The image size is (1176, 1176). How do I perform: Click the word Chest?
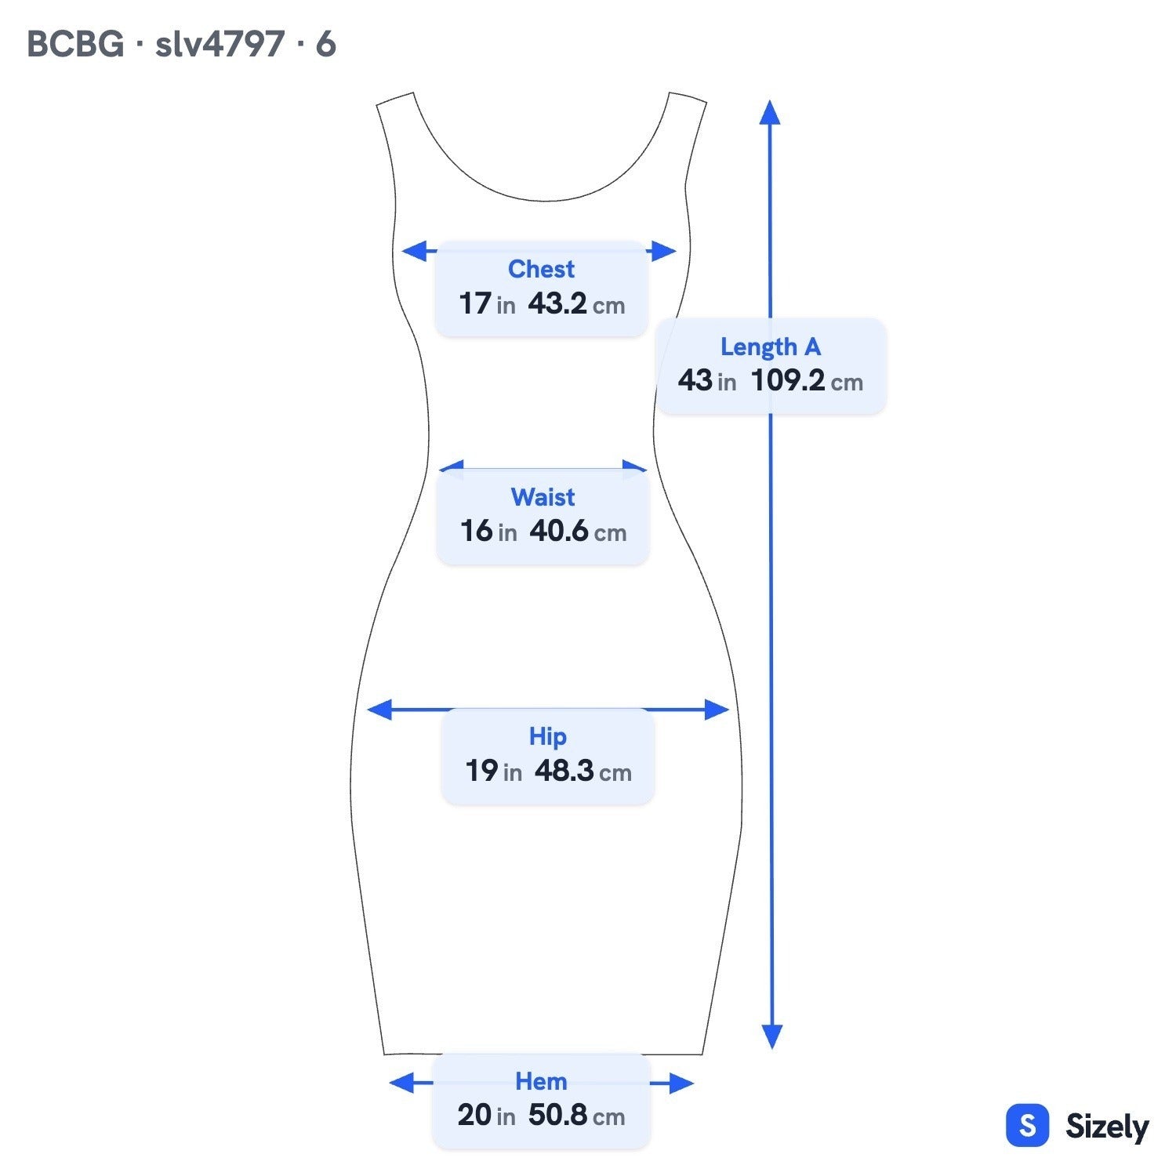(541, 269)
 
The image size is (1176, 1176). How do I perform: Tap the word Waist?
(543, 497)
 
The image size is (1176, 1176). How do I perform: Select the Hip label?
(547, 736)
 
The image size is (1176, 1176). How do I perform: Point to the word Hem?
(541, 1081)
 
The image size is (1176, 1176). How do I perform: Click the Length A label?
(771, 347)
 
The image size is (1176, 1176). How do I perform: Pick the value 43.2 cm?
(576, 303)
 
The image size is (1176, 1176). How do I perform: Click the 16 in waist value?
(488, 532)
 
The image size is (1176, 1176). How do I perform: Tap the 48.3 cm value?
(583, 771)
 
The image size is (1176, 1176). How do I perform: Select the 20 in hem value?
(486, 1116)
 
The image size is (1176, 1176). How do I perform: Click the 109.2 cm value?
(807, 381)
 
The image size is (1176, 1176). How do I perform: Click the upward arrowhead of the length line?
(770, 112)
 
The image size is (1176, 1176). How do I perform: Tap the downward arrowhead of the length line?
(772, 1036)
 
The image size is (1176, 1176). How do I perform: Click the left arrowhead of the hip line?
(379, 710)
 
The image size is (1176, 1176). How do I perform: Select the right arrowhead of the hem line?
(681, 1083)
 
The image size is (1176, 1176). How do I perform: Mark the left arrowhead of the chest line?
(415, 251)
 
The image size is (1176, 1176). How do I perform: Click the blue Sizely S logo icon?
(1027, 1126)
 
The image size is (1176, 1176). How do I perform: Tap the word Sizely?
(1107, 1127)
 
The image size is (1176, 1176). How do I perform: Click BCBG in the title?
(75, 44)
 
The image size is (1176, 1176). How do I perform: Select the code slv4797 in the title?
(220, 44)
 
